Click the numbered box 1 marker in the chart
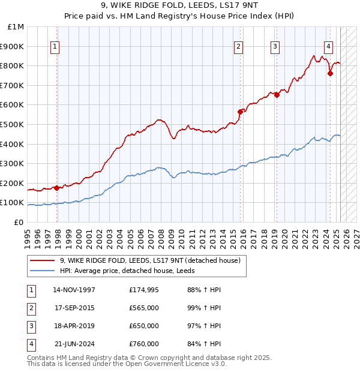point(55,46)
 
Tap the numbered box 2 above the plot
point(238,46)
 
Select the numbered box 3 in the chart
point(275,46)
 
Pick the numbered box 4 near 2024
point(329,46)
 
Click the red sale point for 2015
point(240,112)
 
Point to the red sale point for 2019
point(277,94)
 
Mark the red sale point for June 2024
point(330,73)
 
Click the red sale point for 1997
point(57,188)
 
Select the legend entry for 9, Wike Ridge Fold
point(150,260)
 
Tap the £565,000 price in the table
point(144,308)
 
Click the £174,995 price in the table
point(144,290)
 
